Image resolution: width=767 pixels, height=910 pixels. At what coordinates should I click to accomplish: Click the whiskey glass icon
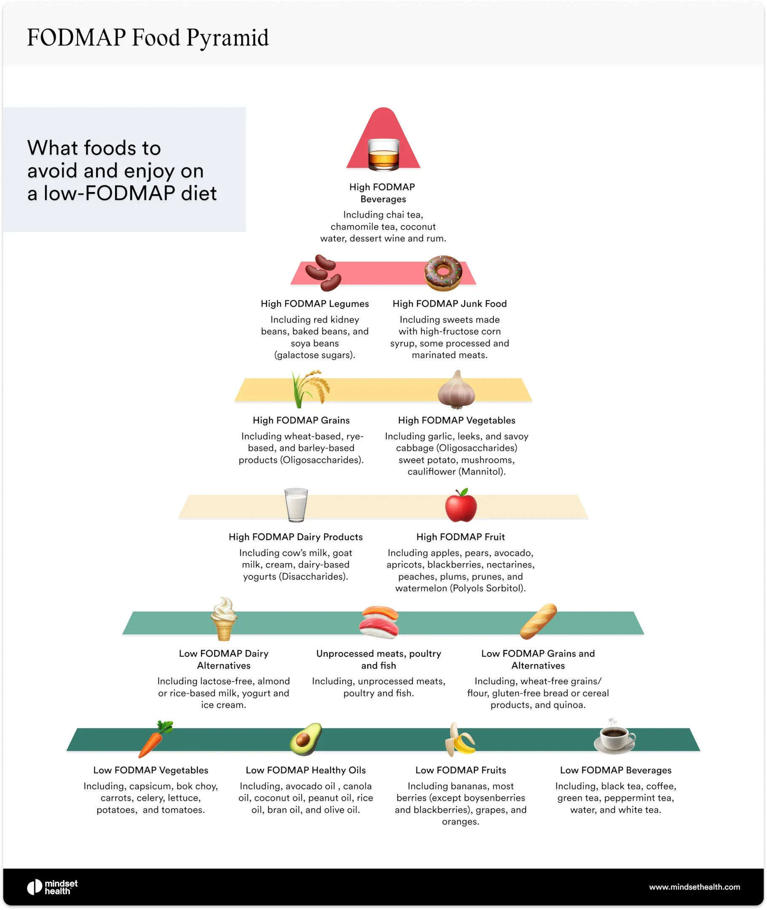click(383, 154)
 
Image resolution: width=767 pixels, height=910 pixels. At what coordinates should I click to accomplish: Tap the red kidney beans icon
click(323, 273)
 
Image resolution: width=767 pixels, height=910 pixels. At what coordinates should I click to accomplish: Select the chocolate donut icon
click(443, 273)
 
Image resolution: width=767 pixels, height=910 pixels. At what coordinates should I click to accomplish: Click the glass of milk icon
click(296, 505)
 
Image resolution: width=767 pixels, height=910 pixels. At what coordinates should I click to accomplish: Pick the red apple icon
click(461, 506)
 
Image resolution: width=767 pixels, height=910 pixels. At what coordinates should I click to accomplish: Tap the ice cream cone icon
click(224, 619)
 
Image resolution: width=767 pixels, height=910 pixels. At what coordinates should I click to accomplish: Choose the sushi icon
click(379, 622)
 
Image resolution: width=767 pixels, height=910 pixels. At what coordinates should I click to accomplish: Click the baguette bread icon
click(538, 621)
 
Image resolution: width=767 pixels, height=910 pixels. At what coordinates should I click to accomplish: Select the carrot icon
click(154, 739)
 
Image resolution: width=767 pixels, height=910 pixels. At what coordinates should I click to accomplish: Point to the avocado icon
click(306, 739)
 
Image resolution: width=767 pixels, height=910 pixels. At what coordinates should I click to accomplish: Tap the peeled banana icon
click(460, 739)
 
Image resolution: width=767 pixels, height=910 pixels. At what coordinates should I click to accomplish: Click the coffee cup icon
click(614, 737)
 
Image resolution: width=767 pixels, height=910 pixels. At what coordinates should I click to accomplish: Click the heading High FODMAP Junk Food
click(449, 304)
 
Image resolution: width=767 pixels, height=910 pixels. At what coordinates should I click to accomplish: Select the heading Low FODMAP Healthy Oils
click(306, 770)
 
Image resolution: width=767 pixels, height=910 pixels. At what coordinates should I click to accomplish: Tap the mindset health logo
click(52, 887)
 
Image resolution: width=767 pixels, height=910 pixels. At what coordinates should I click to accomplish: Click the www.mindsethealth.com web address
click(694, 887)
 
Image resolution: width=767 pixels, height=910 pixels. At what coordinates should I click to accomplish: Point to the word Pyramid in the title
click(227, 38)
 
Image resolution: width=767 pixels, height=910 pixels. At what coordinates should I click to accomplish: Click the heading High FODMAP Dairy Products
click(296, 537)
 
